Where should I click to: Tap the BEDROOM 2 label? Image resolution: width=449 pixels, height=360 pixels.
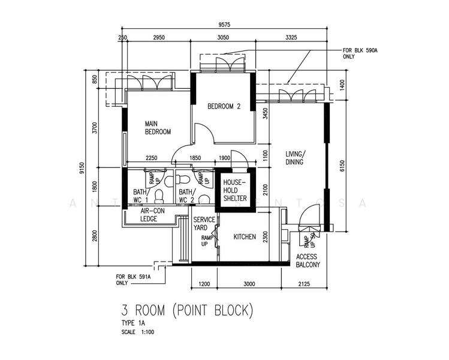(224, 107)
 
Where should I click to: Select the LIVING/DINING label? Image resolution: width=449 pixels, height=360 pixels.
(294, 158)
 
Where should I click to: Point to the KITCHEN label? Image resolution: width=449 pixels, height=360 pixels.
(245, 237)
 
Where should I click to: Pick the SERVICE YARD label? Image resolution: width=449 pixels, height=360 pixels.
(204, 224)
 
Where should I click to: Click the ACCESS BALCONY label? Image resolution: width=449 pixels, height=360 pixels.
(308, 260)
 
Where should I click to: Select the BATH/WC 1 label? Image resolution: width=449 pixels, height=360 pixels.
(142, 196)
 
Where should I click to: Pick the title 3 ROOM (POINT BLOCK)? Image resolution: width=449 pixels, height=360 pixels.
(188, 311)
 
